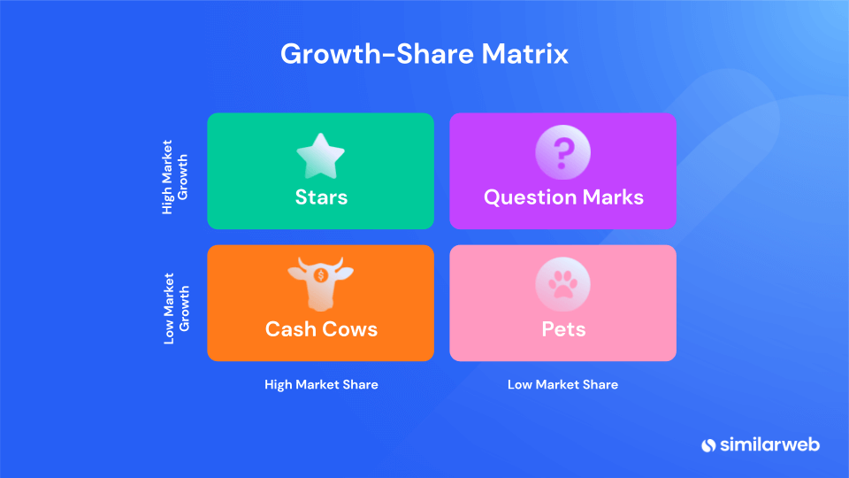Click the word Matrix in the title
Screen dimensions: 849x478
click(x=524, y=54)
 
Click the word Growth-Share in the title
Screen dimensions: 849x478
click(x=377, y=54)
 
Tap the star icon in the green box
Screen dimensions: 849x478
click(x=320, y=156)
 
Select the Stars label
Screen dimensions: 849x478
click(x=321, y=197)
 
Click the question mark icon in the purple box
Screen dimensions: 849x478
click(x=562, y=152)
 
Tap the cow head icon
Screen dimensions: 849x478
click(x=320, y=283)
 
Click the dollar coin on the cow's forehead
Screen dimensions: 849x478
click(x=320, y=276)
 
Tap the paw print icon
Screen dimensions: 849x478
click(x=562, y=284)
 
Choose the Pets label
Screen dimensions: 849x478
click(x=563, y=329)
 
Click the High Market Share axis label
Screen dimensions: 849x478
click(x=321, y=385)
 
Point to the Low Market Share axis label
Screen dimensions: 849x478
click(x=562, y=385)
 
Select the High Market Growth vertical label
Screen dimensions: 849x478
click(x=175, y=177)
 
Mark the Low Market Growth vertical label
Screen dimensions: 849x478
click(x=177, y=308)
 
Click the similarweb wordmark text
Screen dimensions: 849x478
click(x=769, y=445)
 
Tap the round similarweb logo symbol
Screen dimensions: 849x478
click(x=708, y=445)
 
